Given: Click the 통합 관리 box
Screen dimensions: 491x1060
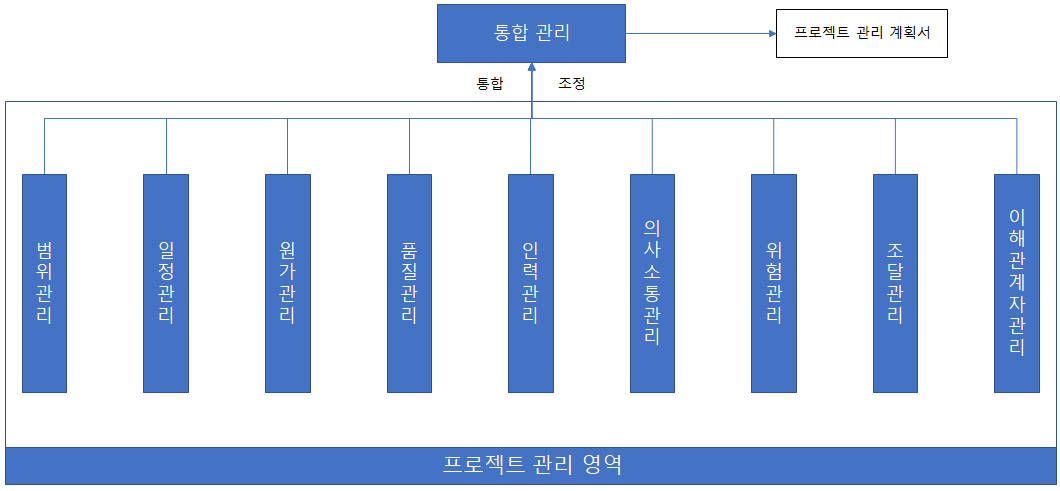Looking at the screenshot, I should [531, 32].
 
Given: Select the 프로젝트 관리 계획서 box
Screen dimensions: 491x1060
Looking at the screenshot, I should [861, 33].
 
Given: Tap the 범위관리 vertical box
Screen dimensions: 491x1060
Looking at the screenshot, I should [44, 283].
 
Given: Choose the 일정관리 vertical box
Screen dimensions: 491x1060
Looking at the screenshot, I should [166, 283].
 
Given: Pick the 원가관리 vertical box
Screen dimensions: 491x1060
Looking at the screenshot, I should [288, 283].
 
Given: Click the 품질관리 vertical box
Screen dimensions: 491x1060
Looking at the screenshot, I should [409, 283].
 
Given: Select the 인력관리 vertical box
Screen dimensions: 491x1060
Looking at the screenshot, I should [530, 283].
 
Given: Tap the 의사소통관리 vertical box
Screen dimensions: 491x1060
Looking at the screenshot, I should [652, 283].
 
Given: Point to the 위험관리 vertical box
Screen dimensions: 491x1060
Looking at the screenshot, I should [774, 283].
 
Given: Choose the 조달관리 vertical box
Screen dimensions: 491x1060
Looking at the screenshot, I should [895, 283].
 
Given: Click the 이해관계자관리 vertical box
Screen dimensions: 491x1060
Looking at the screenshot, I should [1017, 283].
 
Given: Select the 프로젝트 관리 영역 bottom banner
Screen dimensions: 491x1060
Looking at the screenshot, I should [531, 465].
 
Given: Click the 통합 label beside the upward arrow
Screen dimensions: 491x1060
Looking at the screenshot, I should [490, 84].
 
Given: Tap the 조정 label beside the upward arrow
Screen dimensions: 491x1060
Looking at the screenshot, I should [572, 84].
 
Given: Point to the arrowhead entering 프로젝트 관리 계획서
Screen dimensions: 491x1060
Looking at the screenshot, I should [772, 33].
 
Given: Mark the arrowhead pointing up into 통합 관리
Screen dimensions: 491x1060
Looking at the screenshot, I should [531, 67].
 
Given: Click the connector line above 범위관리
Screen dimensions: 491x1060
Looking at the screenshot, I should [44, 146].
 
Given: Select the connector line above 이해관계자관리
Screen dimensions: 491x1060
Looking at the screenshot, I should [1017, 146].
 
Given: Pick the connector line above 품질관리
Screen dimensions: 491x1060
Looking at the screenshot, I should [409, 146].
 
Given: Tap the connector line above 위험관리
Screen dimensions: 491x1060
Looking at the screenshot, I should [774, 146].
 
